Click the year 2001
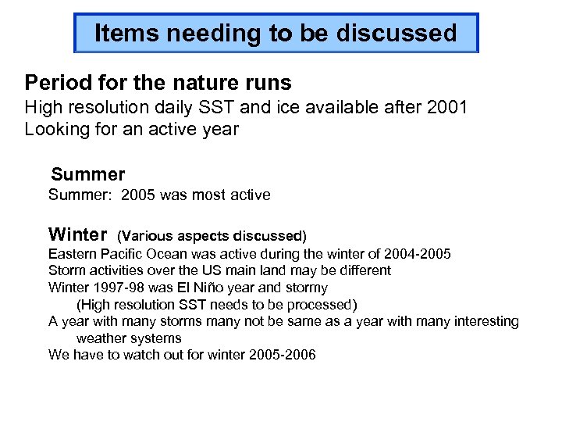click(x=447, y=107)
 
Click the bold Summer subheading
click(x=87, y=173)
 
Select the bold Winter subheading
click(x=77, y=234)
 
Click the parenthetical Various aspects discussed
click(x=212, y=235)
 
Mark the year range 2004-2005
click(x=418, y=254)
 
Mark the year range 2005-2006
click(x=283, y=355)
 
